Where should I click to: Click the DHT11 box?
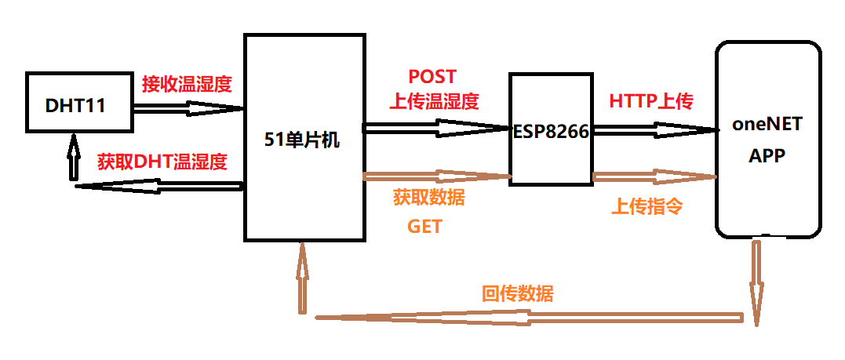click(78, 103)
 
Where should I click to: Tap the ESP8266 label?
click(550, 131)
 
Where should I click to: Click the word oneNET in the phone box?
click(768, 125)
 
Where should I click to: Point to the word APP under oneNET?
click(768, 155)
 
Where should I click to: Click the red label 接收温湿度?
click(187, 83)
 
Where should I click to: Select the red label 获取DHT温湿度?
click(162, 162)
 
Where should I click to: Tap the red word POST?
click(432, 77)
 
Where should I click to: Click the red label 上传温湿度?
click(434, 101)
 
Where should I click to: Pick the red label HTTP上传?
click(650, 101)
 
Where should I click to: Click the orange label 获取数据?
click(428, 198)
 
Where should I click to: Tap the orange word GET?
click(424, 227)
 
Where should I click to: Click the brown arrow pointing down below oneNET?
click(756, 282)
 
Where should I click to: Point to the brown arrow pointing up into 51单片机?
click(301, 278)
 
